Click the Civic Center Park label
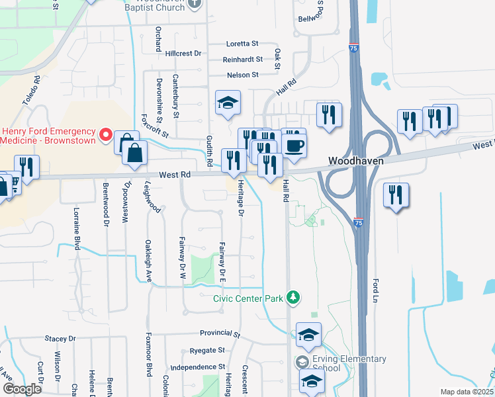[248, 298]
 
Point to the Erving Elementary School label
[349, 363]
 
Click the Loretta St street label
[242, 44]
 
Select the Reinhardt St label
[243, 60]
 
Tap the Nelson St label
[242, 75]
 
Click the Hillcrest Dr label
[183, 53]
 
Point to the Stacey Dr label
[60, 338]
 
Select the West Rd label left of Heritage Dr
[175, 175]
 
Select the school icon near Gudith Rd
[228, 103]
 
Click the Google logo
[22, 388]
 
